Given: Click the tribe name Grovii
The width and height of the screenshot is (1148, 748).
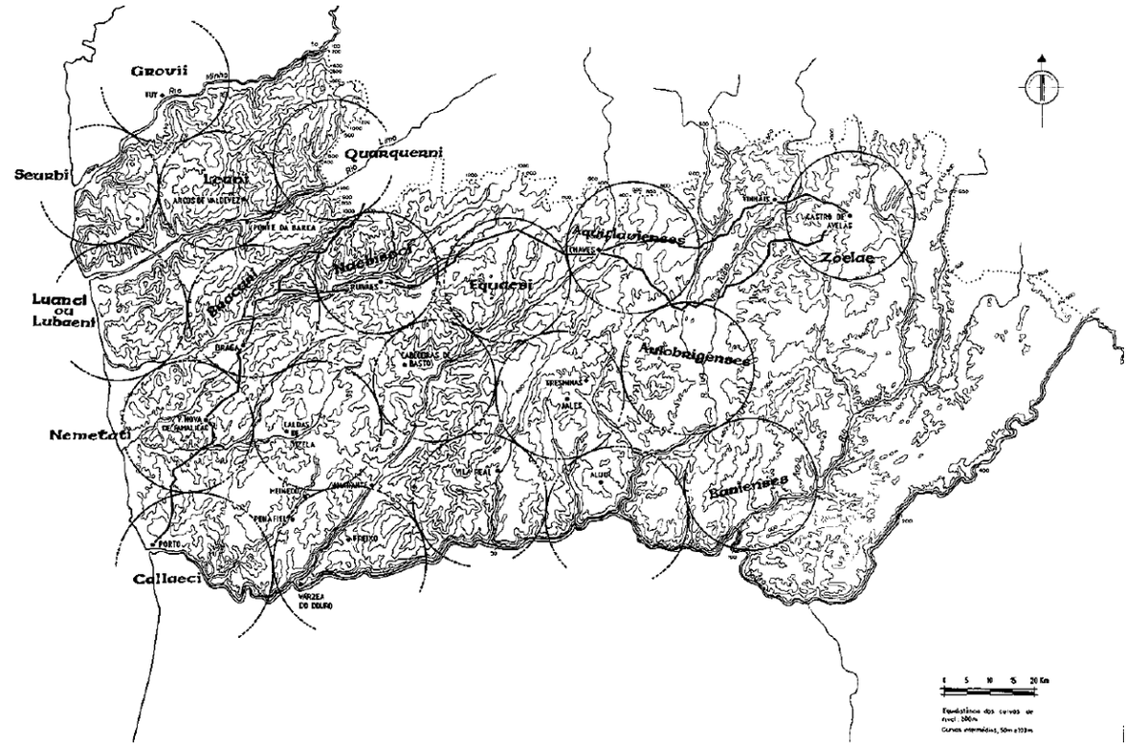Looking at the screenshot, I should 161,69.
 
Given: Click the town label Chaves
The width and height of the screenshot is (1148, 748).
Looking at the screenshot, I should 583,251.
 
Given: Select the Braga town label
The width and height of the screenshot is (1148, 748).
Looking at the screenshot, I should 226,348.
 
